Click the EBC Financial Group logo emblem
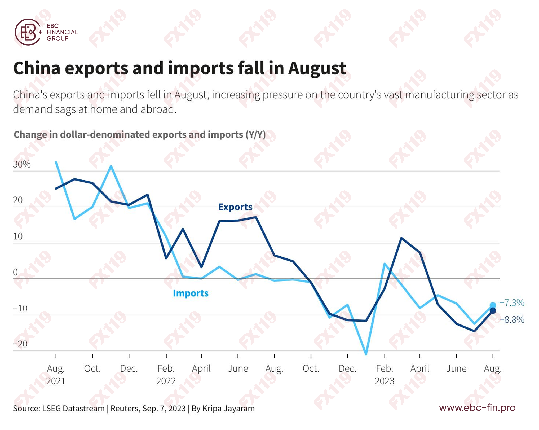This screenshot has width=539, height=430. pos(28,32)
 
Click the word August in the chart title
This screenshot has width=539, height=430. pos(317,68)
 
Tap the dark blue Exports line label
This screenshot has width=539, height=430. pos(235,207)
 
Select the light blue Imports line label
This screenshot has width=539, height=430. pos(191,293)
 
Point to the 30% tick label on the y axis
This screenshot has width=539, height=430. pos(22,164)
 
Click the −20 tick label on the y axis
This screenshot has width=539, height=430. pos(20,344)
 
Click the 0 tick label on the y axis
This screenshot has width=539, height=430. pos(15,272)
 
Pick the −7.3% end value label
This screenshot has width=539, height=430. pos(512,303)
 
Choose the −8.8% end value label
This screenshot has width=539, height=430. pos(512,320)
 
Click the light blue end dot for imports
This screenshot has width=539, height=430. pos(493,305)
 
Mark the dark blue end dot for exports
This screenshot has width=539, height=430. pos(493,311)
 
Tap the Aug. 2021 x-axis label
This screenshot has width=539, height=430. pos(56,374)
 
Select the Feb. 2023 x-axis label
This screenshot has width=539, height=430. pos(385,374)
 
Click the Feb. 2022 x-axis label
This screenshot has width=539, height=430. pos(166,374)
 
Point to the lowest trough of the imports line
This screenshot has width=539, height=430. pos(366,354)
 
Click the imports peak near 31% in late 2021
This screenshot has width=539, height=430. pos(111,166)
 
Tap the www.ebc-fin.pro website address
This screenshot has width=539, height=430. pos(477,407)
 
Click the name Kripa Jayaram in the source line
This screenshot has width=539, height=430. pos(228,409)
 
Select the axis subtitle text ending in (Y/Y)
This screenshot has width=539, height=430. pos(140,135)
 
